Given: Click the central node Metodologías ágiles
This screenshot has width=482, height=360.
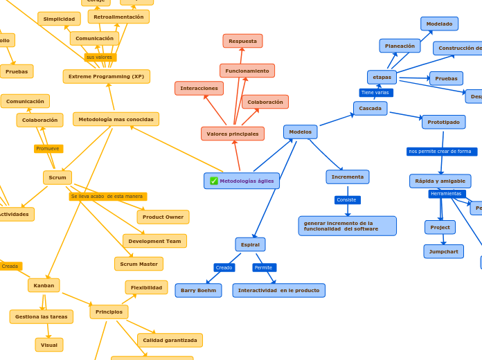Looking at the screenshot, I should point(242,181).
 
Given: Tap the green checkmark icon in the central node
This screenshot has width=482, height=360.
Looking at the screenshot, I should point(214,181).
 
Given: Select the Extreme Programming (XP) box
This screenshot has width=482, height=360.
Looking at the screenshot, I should point(106,76).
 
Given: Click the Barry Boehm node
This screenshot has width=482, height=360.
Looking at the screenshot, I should point(198,290).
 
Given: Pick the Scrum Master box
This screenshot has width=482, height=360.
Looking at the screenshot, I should point(139,264).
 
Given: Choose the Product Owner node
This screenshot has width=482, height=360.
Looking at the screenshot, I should point(163,217).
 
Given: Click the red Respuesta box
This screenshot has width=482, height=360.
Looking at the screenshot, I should point(242,41).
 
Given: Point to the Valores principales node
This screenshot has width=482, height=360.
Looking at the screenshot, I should point(233,134).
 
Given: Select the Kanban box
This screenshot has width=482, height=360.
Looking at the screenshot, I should point(44,285).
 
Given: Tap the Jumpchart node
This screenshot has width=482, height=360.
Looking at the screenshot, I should point(443,251).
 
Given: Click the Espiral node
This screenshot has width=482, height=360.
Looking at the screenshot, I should point(250,244).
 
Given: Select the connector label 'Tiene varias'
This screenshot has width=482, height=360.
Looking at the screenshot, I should point(375,92).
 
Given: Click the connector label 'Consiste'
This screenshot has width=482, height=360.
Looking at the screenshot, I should point(347,200).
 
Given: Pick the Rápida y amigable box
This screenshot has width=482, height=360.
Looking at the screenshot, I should point(440,181).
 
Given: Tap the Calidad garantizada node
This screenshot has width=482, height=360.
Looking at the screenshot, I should point(170,340).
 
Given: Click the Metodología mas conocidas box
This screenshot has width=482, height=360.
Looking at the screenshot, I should point(116,119).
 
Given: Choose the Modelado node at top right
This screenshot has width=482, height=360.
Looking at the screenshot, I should point(439,24).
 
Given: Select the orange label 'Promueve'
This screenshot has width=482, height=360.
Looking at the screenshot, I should point(48,149).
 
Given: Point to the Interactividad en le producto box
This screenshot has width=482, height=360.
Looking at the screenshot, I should point(278,290).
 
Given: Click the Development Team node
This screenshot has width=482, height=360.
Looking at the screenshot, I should point(154,241).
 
